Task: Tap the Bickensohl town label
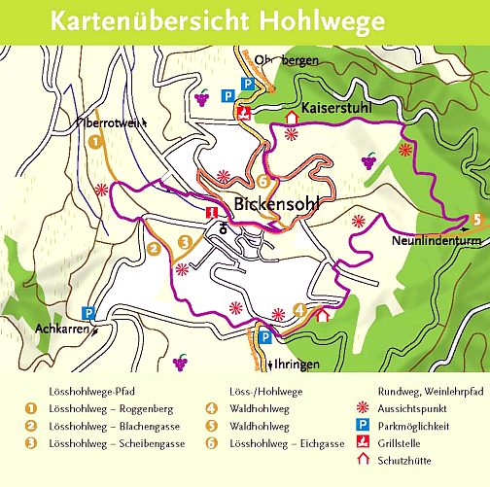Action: click(x=276, y=206)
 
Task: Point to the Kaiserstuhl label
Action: click(x=336, y=110)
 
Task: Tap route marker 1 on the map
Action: click(x=94, y=142)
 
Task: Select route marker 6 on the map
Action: click(x=262, y=181)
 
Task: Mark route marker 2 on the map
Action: click(x=153, y=249)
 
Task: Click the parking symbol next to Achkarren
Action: click(x=87, y=313)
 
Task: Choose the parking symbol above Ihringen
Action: click(x=263, y=337)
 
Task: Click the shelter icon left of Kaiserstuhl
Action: click(x=291, y=117)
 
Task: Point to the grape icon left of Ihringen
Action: click(x=180, y=362)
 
